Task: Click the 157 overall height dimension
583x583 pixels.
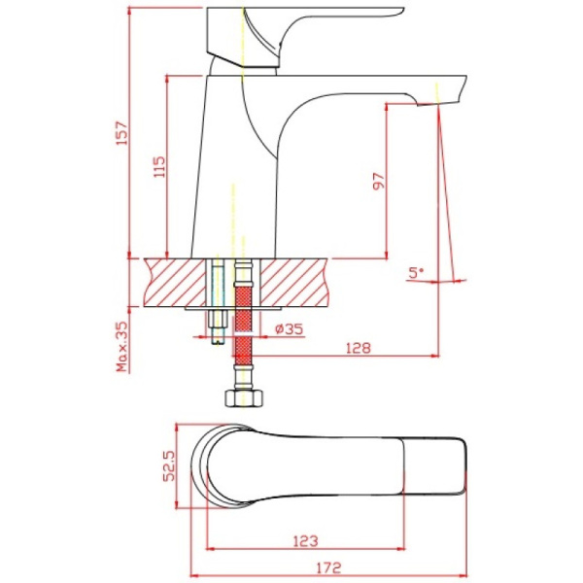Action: (x=122, y=132)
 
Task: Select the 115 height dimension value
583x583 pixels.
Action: (x=159, y=167)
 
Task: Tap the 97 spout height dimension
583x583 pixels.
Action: (x=379, y=181)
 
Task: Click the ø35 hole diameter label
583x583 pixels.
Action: (x=290, y=328)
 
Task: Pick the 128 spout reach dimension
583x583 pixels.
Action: (x=359, y=348)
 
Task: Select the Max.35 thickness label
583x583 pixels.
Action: (x=122, y=347)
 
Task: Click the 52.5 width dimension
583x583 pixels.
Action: (x=169, y=465)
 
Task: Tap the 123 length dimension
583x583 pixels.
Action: (x=306, y=541)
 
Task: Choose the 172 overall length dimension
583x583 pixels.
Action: (x=328, y=567)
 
